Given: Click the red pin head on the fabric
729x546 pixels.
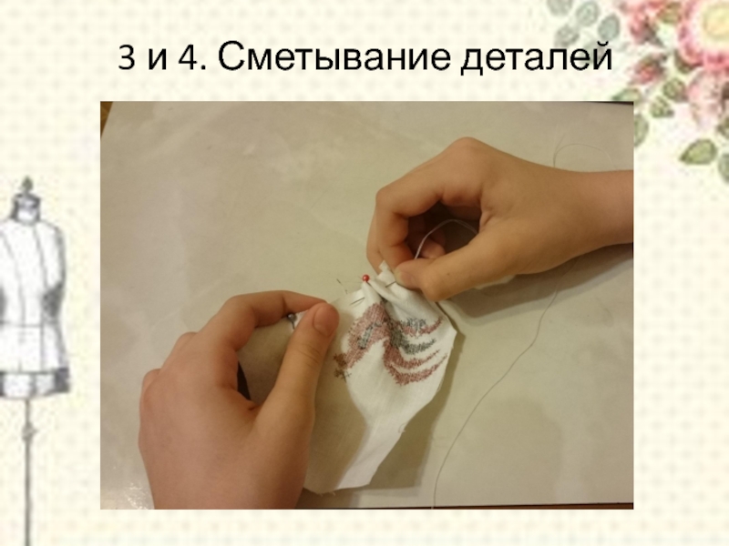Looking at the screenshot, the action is pos(365,278).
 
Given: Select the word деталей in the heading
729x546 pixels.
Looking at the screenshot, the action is pos(536,57).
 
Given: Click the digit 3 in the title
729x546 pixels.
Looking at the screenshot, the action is pos(126,57).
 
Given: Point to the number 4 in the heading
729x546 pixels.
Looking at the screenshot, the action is pos(189,57).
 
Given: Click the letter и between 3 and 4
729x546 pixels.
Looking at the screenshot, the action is pos(157,61).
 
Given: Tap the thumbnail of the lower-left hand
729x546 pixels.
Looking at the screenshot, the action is pos(324,320).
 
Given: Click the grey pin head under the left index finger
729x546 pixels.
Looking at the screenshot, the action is pos(291,318).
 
